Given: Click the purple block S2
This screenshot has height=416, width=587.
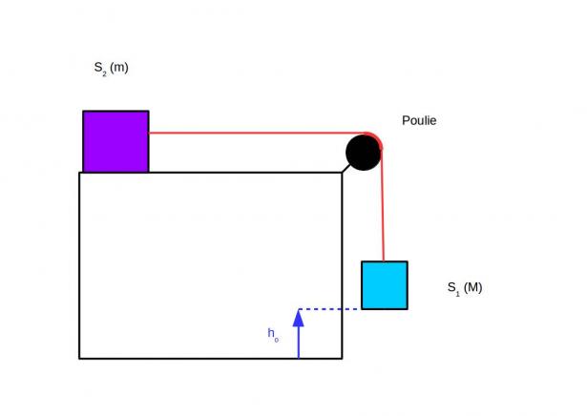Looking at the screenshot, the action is click(x=115, y=141).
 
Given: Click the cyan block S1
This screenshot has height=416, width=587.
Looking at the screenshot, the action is click(x=385, y=285).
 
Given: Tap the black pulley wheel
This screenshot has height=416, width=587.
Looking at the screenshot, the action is click(x=363, y=153).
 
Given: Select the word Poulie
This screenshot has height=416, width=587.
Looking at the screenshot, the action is click(x=419, y=120).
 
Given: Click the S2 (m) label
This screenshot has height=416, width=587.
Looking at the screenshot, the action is click(x=111, y=69).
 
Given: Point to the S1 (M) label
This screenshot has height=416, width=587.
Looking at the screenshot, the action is click(x=465, y=288).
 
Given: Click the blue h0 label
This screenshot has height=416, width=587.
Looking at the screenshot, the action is click(x=273, y=334).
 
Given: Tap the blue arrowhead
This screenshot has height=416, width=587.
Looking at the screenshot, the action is click(x=299, y=318).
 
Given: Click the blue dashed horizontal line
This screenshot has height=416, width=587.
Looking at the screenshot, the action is click(x=330, y=309).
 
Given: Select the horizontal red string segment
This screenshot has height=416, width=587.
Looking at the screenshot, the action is click(x=257, y=133).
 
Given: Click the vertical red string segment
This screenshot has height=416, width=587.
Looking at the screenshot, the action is click(x=382, y=205).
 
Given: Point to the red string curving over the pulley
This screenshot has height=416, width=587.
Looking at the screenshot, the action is click(x=377, y=137).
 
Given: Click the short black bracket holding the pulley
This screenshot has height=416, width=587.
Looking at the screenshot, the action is click(x=346, y=168).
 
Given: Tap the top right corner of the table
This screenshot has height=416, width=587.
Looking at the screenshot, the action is click(x=342, y=173).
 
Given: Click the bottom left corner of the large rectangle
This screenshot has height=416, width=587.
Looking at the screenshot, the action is click(x=79, y=359).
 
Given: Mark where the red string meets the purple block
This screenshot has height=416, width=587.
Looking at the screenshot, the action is click(x=149, y=133).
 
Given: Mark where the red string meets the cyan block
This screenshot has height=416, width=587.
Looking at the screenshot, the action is click(x=384, y=261).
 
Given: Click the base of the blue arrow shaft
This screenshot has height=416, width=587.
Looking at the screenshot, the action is click(x=299, y=358).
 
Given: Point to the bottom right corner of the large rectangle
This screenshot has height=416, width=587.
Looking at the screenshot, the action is click(x=342, y=359).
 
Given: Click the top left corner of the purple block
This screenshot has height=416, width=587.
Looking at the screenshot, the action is click(x=83, y=111).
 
